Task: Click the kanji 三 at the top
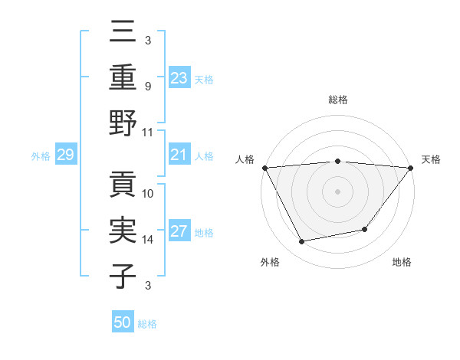click(124, 32)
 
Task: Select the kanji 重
click(124, 77)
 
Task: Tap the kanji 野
click(124, 123)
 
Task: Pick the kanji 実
click(124, 231)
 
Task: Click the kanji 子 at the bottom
click(124, 276)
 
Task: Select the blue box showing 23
click(179, 77)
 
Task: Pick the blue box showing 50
click(123, 322)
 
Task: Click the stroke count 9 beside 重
click(147, 86)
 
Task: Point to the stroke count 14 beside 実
click(149, 240)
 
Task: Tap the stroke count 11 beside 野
click(148, 132)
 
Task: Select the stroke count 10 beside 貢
click(149, 194)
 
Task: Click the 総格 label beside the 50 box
click(148, 324)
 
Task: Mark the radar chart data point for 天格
click(411, 167)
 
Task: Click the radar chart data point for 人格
click(264, 167)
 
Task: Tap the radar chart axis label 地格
click(402, 263)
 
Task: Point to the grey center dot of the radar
click(337, 191)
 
